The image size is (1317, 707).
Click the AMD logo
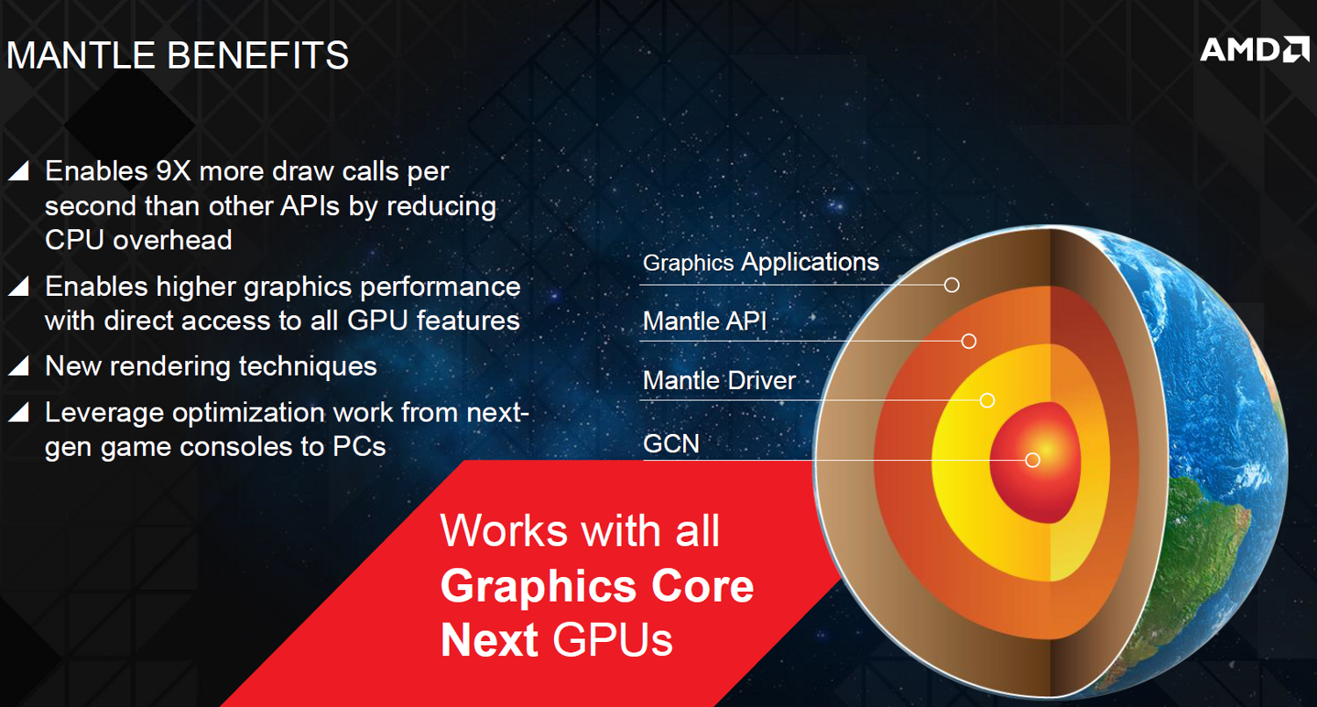coord(1255,49)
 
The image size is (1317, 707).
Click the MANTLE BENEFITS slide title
coord(177,55)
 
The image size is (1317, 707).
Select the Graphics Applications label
coord(761,262)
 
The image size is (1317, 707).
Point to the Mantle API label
coord(705,321)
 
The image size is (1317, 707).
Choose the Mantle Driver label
coord(719,380)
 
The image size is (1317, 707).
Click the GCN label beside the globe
coord(671,444)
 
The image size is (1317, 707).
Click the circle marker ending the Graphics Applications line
coord(951,285)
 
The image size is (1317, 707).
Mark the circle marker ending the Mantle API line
coord(969,341)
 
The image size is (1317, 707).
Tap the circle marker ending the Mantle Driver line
coord(987,400)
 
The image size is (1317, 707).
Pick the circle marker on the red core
coord(1033,460)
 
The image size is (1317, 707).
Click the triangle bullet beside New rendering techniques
coord(18,365)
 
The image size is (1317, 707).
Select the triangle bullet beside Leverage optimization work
coord(18,412)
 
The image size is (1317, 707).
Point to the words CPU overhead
coord(139,240)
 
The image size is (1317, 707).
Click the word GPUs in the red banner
coord(612,640)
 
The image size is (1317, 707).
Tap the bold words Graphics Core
coord(597,587)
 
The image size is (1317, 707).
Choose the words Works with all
coord(579,531)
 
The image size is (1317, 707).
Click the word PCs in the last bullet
coord(359,446)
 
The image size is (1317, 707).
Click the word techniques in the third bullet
coord(307,367)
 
